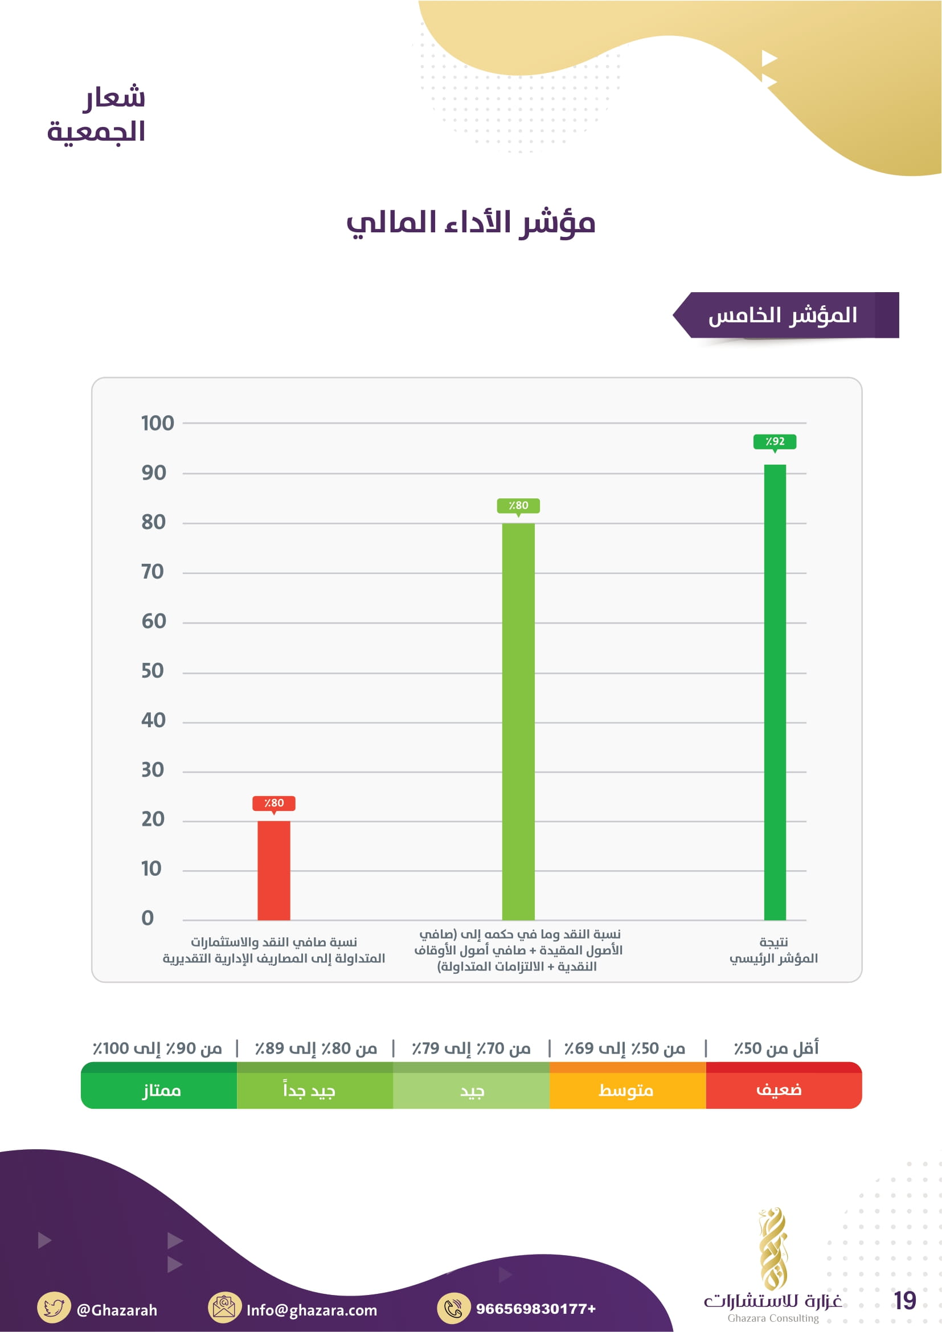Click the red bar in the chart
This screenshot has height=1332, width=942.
click(274, 870)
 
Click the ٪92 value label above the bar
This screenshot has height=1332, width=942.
click(775, 441)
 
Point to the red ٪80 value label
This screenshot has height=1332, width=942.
click(274, 803)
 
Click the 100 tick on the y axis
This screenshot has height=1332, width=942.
click(157, 423)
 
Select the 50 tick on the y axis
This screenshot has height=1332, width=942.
click(153, 671)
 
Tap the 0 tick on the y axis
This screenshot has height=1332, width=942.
click(148, 918)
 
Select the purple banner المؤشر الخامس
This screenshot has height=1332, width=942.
click(786, 315)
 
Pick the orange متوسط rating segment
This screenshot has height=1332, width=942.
click(627, 1089)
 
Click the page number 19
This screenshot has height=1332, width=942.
click(904, 1300)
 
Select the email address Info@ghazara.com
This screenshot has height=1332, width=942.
click(312, 1309)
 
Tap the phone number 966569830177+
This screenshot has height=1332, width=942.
click(535, 1308)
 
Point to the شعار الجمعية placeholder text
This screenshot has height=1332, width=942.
click(97, 114)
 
